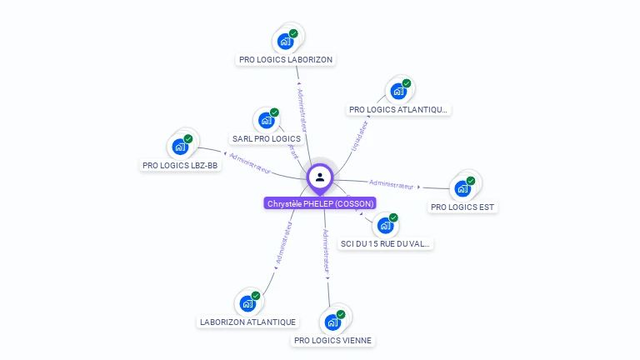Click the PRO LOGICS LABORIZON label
(x=286, y=60)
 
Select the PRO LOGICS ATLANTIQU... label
(x=398, y=109)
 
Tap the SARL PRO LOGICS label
(x=267, y=138)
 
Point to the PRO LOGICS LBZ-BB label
(x=180, y=166)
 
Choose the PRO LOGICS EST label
(x=462, y=207)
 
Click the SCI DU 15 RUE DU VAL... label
(x=386, y=244)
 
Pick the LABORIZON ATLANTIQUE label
(x=247, y=322)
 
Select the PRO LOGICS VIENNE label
(x=333, y=340)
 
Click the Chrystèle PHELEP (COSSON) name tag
(x=320, y=203)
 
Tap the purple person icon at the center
(x=320, y=177)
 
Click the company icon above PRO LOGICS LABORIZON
(x=286, y=40)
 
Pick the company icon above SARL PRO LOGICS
(x=267, y=119)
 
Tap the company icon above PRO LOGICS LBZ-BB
(x=181, y=146)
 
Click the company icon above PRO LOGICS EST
(x=463, y=187)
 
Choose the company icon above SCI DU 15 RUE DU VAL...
(x=385, y=225)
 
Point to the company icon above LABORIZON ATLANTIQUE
(x=248, y=302)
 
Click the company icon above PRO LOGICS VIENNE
(x=333, y=321)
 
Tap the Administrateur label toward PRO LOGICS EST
(x=391, y=184)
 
